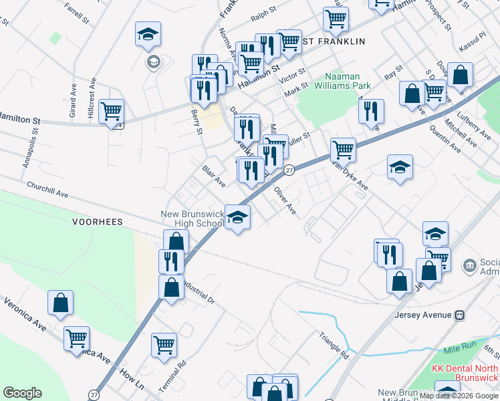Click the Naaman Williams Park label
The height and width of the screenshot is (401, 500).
click(347, 81)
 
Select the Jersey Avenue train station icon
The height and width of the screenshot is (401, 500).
click(460, 315)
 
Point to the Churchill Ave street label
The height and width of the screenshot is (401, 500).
click(47, 190)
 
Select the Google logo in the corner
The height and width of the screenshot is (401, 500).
click(22, 393)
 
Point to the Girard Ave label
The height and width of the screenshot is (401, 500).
click(72, 106)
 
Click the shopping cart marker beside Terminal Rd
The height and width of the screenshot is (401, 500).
click(164, 345)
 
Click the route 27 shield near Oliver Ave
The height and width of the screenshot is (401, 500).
click(289, 170)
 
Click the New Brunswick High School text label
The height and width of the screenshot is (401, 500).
click(192, 219)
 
